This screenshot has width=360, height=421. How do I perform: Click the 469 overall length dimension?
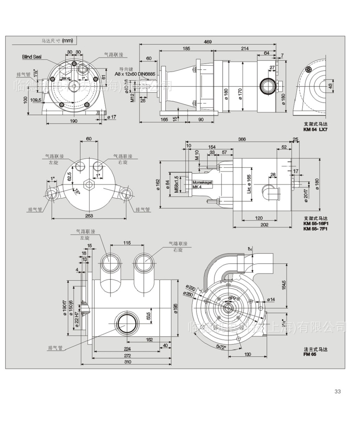coord(208,42)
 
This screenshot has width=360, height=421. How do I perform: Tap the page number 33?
coord(338,392)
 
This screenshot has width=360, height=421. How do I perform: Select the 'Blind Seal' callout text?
coord(32,56)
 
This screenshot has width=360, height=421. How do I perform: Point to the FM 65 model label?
coord(310,354)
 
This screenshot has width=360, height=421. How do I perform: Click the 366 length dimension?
coord(242,139)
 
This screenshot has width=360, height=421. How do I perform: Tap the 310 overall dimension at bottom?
coord(127,362)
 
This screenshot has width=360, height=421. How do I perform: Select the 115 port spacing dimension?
coord(127,243)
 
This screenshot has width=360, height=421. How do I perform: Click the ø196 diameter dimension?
coord(176,308)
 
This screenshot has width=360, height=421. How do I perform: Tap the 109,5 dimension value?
coord(36,100)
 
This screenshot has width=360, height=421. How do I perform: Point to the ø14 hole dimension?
coord(271,299)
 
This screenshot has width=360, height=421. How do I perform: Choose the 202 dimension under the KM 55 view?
coord(263,225)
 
